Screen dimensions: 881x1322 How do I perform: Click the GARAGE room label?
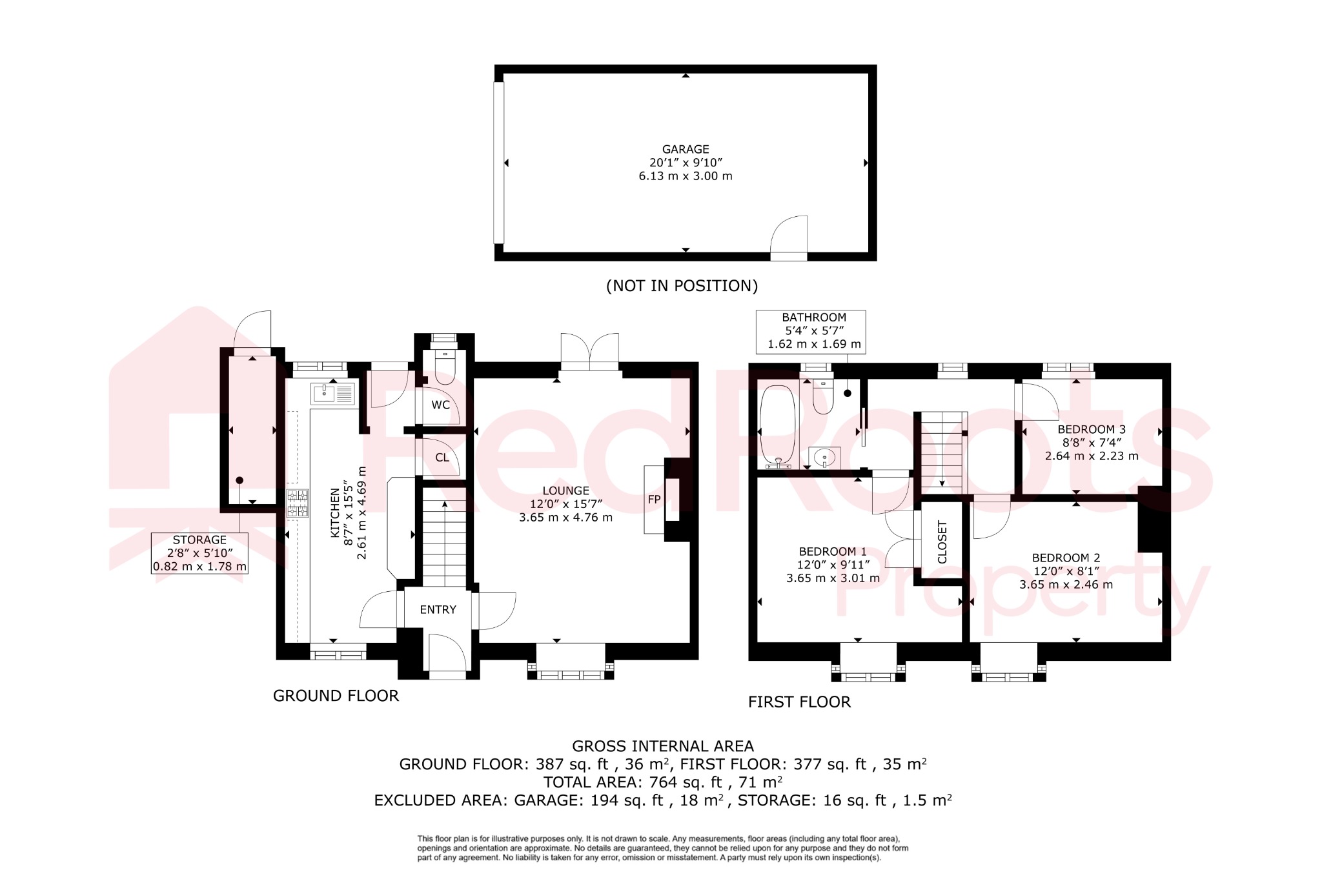(x=686, y=149)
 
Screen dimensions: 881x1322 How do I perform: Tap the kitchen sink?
(x=333, y=393)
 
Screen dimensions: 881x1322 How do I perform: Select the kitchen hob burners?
(x=297, y=503)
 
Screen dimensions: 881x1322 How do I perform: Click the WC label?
(x=441, y=405)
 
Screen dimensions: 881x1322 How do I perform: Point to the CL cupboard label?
(x=442, y=458)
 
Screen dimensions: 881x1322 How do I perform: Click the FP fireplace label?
(x=654, y=500)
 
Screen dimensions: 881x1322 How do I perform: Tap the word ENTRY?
(x=438, y=610)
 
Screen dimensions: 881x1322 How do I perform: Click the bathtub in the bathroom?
(x=777, y=426)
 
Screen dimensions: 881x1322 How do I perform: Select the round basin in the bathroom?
(x=824, y=458)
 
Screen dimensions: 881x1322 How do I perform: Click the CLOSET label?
(x=942, y=542)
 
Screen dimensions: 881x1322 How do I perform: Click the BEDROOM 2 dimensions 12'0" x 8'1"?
(x=1066, y=571)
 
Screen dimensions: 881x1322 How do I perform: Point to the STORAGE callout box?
(x=199, y=553)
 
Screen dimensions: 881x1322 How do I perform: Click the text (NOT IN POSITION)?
(x=682, y=286)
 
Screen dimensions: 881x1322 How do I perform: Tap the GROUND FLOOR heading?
(x=336, y=696)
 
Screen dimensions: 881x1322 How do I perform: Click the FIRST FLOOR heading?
(x=799, y=702)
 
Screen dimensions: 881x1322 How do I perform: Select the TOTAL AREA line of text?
(x=663, y=782)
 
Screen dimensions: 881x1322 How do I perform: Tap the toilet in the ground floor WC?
(x=445, y=368)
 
